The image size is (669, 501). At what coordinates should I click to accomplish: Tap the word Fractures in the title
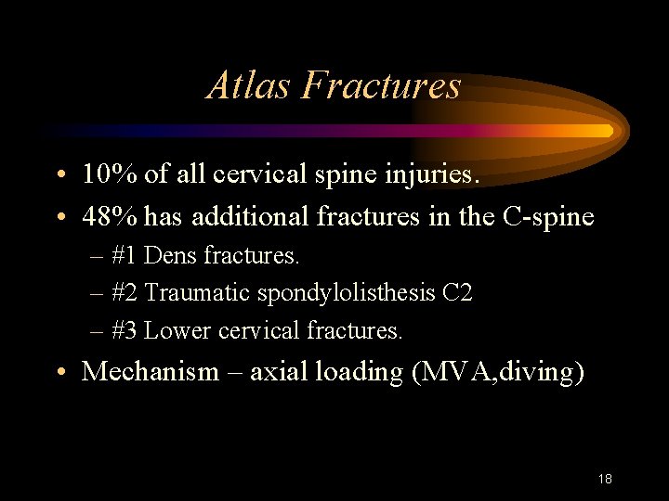click(382, 85)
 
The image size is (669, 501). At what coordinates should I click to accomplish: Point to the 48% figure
click(111, 216)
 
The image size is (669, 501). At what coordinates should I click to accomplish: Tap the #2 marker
click(125, 293)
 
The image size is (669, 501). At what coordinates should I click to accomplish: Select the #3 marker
click(125, 331)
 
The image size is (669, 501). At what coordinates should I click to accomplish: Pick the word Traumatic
click(198, 293)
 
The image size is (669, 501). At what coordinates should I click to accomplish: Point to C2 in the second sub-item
click(458, 293)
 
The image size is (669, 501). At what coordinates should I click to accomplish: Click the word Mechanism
click(151, 372)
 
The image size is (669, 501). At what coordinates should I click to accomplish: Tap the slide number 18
click(605, 479)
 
